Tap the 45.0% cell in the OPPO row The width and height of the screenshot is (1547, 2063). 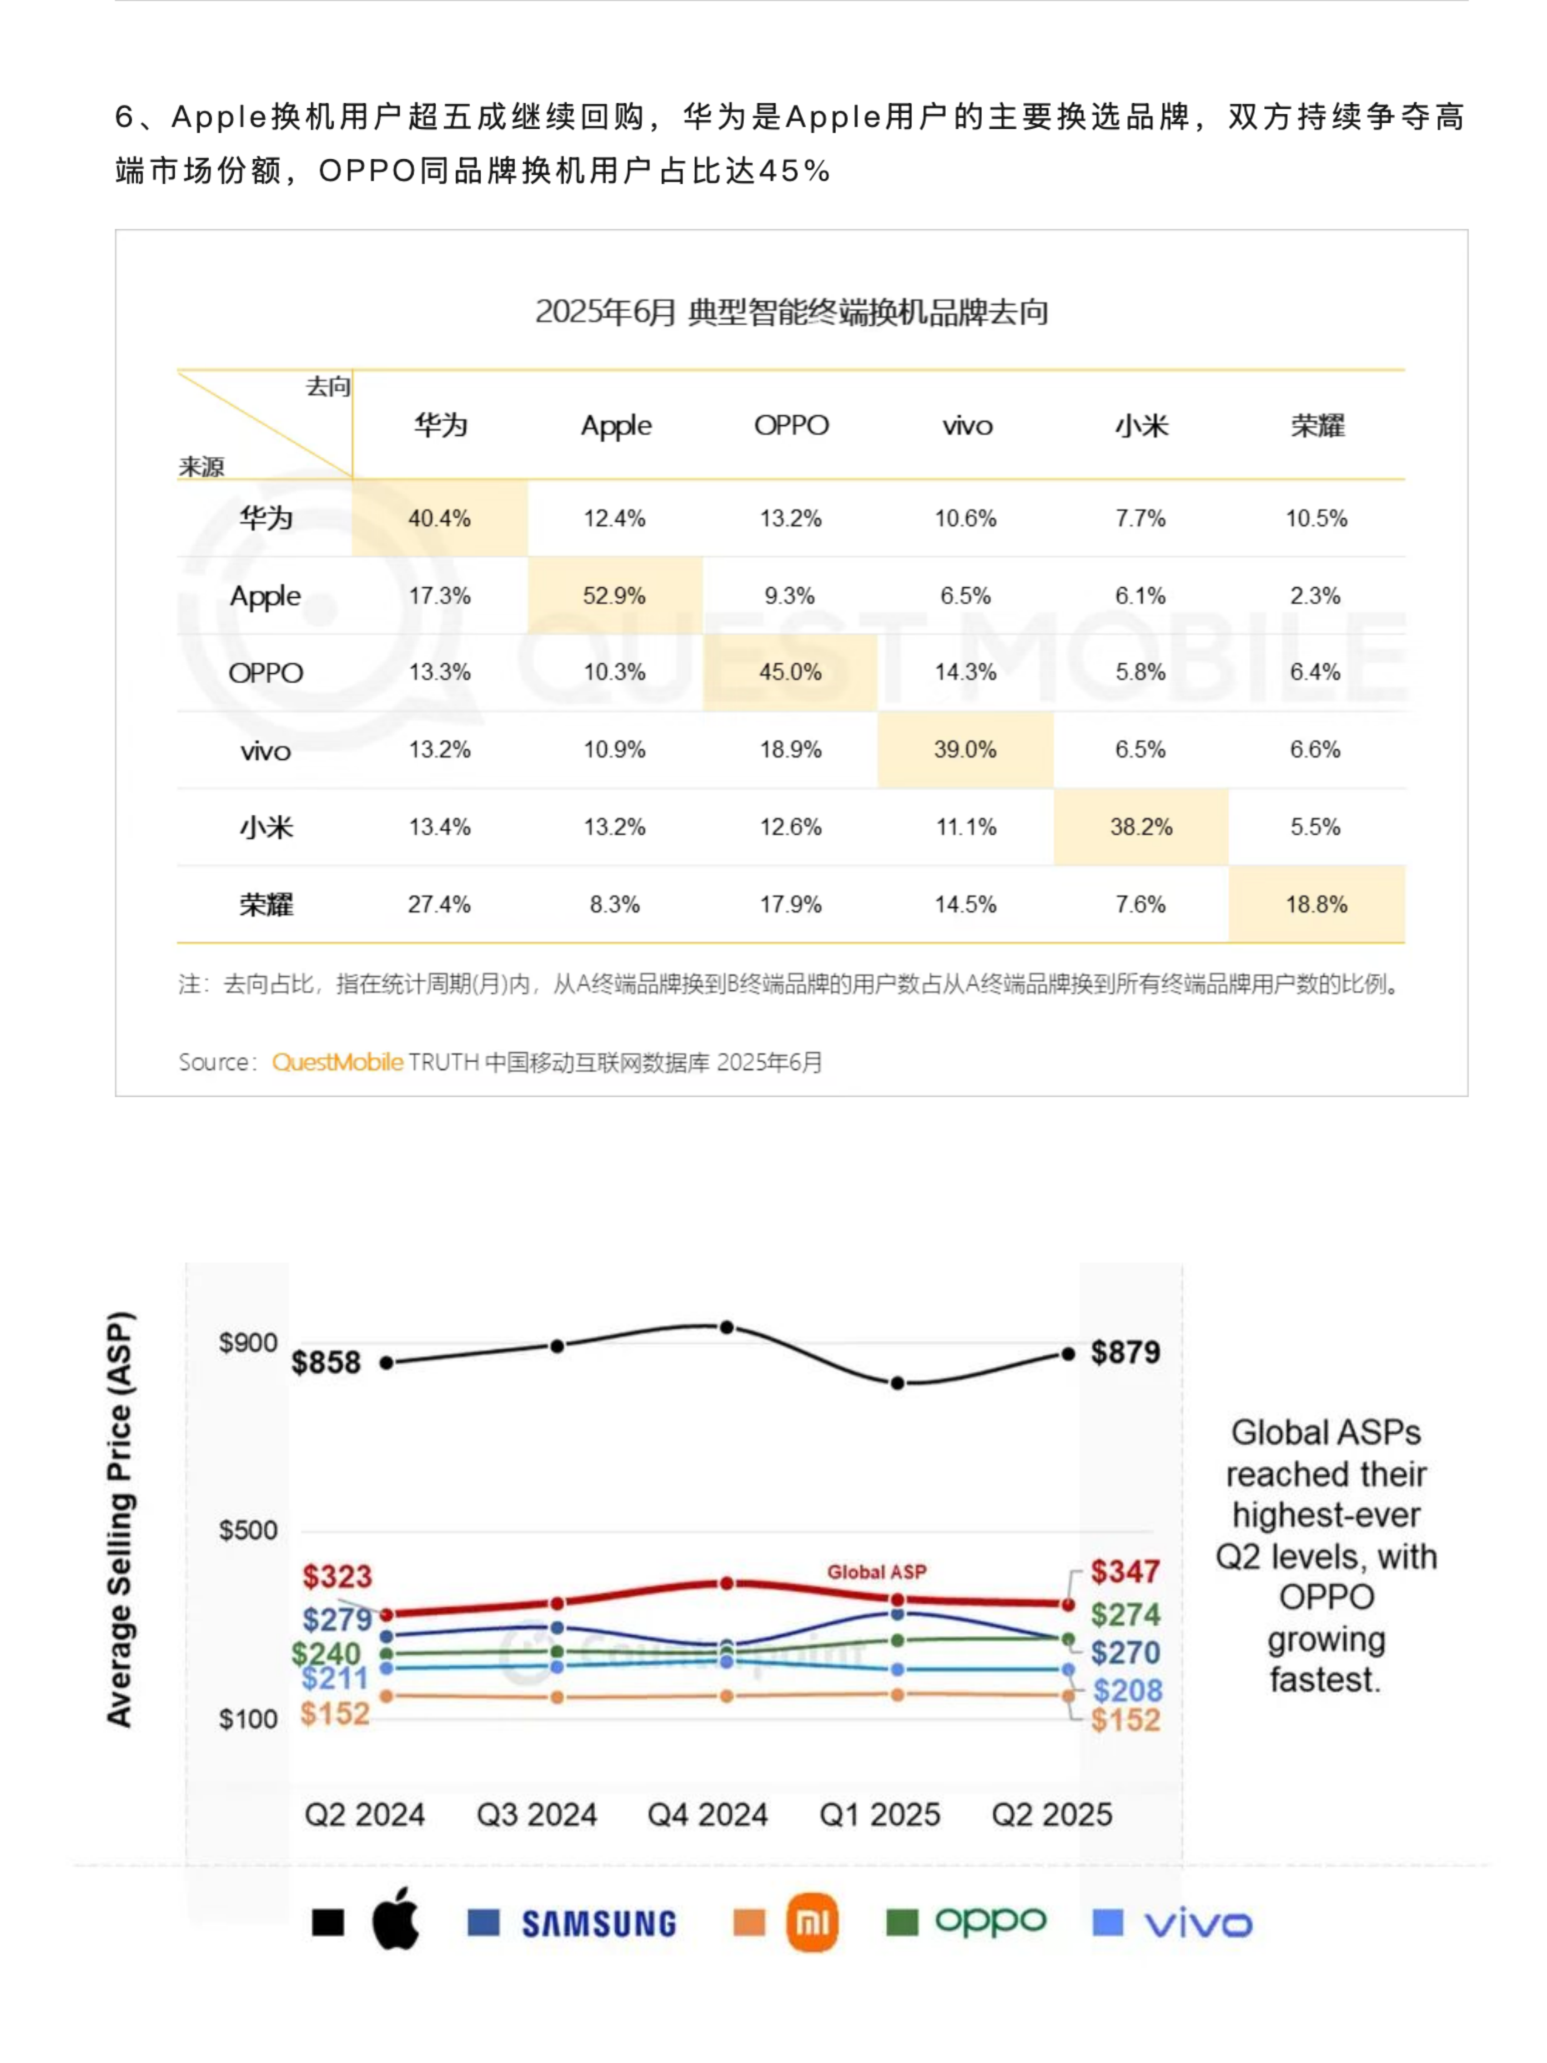tap(790, 671)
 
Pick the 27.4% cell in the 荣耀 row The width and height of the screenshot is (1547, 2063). tap(439, 904)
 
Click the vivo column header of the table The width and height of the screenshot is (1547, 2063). tap(966, 426)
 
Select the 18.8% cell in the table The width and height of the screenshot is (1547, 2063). tap(1316, 904)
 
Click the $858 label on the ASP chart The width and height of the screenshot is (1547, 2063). tap(326, 1362)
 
